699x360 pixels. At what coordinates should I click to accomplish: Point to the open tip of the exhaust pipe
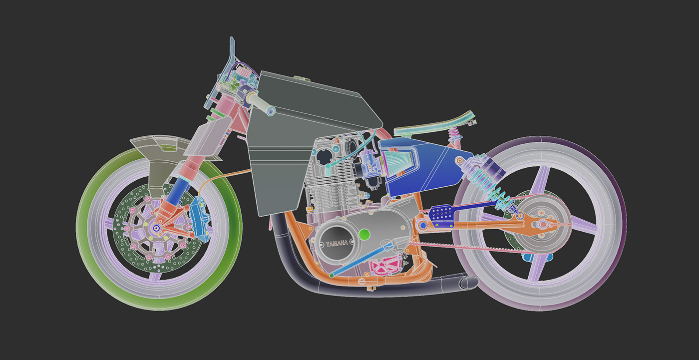469,283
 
